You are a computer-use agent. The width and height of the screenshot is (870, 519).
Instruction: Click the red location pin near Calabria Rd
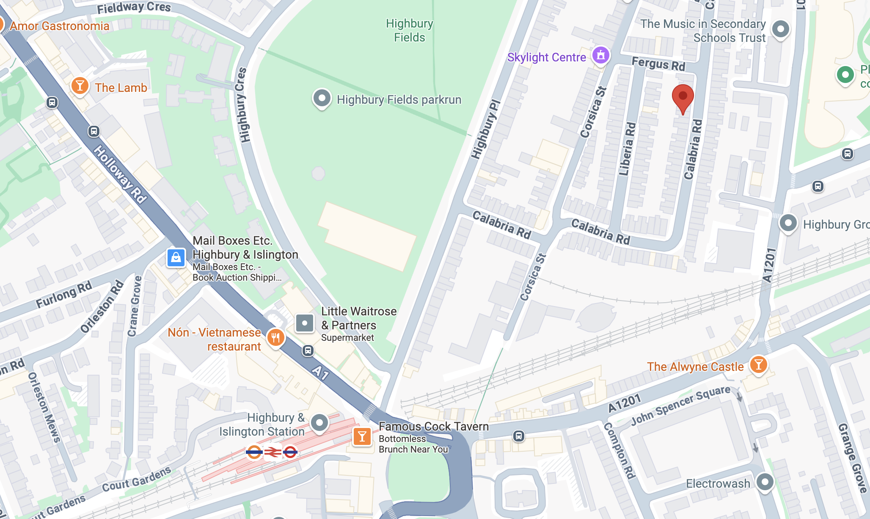[683, 97]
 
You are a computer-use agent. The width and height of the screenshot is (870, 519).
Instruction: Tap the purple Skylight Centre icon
[601, 55]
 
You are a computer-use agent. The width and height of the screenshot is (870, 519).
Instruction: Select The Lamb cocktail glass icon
[80, 86]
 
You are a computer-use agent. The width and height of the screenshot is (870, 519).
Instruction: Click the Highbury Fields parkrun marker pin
[322, 98]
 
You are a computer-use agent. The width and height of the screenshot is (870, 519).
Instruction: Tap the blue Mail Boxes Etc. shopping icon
[176, 257]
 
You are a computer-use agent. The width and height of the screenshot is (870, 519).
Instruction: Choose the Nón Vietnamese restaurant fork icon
[275, 338]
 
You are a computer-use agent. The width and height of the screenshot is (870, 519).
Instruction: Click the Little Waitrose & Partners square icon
[304, 323]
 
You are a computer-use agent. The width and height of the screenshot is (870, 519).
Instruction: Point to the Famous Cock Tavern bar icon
[362, 436]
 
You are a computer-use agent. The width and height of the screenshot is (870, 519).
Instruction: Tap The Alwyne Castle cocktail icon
[758, 364]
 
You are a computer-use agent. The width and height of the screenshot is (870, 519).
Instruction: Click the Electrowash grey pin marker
[765, 482]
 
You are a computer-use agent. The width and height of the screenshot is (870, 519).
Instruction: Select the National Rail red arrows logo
[273, 453]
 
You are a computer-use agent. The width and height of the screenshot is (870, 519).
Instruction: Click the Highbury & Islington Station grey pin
[319, 422]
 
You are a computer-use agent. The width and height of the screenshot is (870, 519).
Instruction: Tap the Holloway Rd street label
[120, 174]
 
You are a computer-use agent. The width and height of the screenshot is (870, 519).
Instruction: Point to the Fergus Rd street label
[658, 64]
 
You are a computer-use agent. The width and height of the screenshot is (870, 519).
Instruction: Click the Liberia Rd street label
[627, 149]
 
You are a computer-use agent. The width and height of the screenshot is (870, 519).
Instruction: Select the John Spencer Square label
[680, 405]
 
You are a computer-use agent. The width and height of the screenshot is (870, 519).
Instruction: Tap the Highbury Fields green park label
[409, 30]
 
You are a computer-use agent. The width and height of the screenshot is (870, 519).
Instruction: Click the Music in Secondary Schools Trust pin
[780, 29]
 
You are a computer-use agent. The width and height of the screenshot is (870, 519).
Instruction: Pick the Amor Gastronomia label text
[60, 26]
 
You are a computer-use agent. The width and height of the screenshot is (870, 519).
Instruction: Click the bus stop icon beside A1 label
[308, 351]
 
